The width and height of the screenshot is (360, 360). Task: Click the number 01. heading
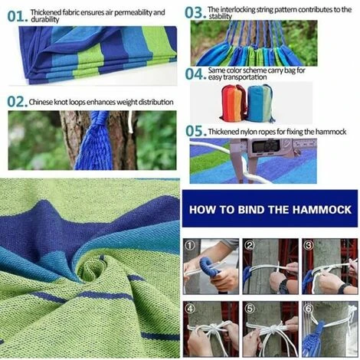[x=18, y=16]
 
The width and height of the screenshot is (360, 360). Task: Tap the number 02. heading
[x=18, y=102]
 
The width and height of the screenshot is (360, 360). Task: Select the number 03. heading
[x=195, y=13]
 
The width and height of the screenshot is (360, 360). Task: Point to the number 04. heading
[x=195, y=74]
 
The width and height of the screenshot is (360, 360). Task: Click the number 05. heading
[x=196, y=131]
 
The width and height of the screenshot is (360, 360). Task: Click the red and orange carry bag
[x=233, y=103]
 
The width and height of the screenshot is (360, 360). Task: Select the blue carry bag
[x=260, y=103]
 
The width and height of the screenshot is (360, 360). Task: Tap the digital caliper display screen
[x=266, y=146]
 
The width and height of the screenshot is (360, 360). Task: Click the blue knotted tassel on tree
[x=95, y=142]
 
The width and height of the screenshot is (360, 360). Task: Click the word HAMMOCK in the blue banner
[x=322, y=210]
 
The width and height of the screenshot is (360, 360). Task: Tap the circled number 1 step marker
[x=190, y=246]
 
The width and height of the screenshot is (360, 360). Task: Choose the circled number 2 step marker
[x=250, y=245]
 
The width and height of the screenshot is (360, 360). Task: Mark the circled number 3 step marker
[x=309, y=245]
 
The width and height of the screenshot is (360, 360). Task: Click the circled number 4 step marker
[x=190, y=309]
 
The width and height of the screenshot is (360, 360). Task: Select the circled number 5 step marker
[x=250, y=309]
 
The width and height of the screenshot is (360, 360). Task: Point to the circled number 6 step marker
[x=309, y=309]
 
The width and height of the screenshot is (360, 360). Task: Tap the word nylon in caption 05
[x=258, y=132]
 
